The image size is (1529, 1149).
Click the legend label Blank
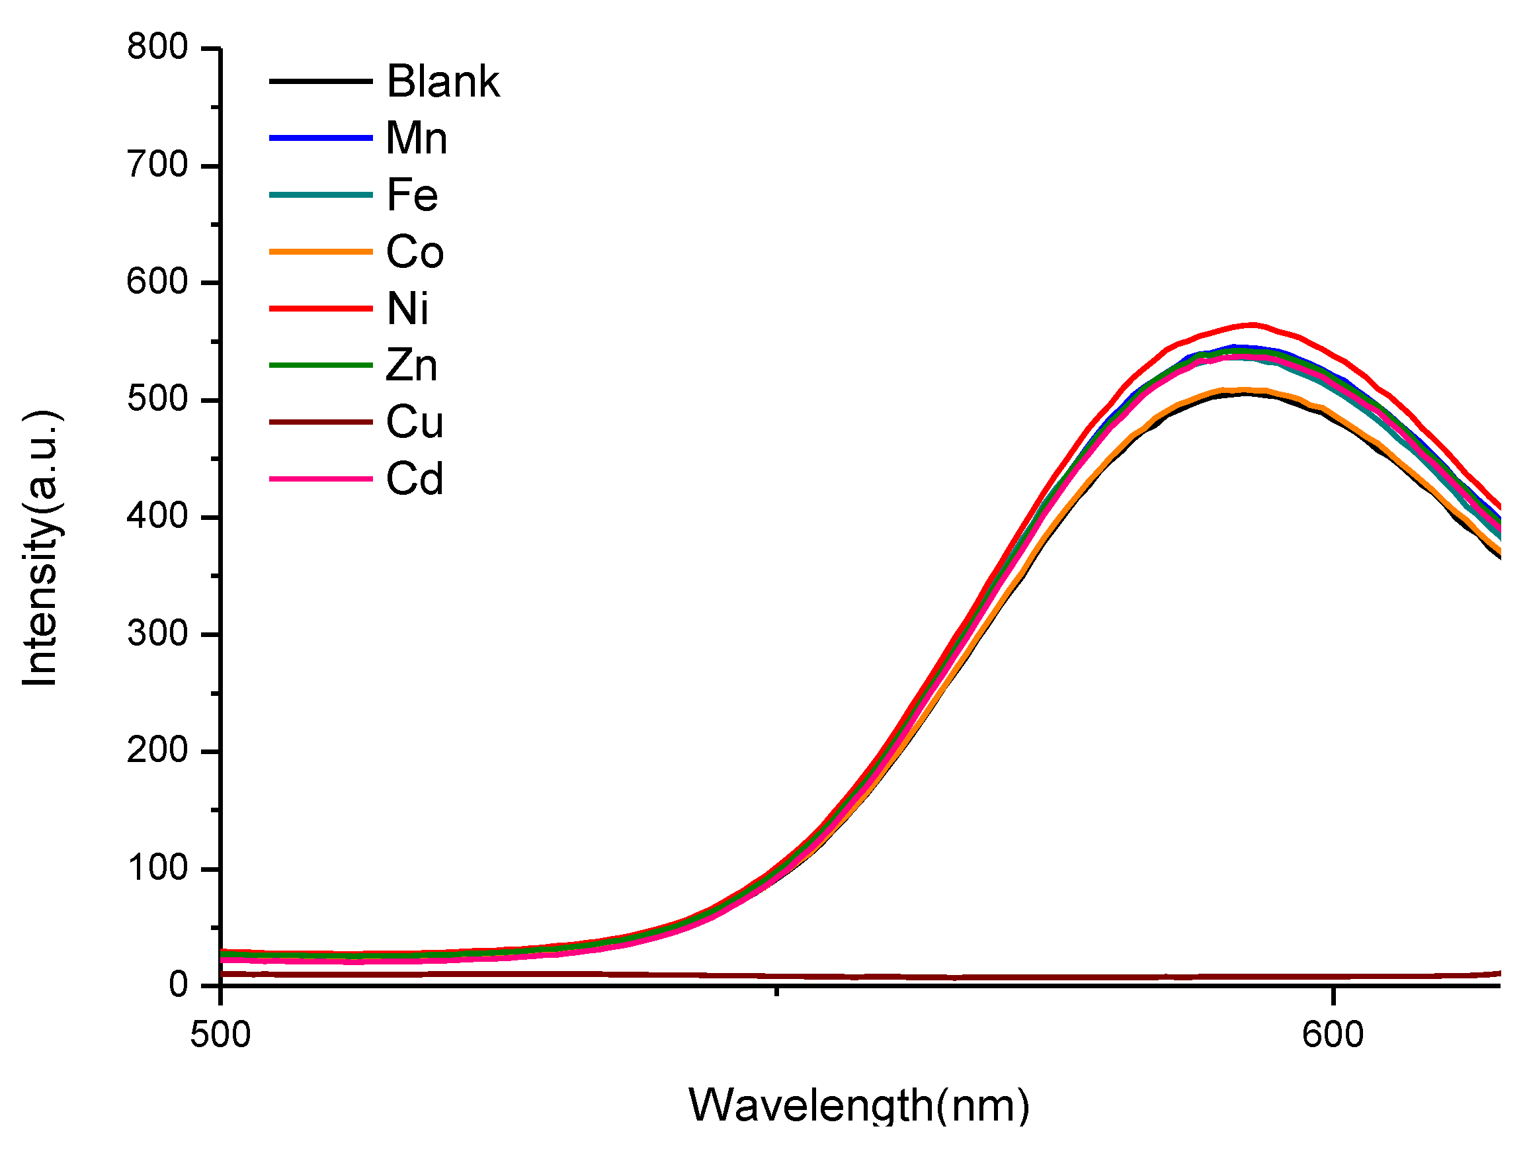[442, 81]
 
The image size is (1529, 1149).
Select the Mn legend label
[416, 138]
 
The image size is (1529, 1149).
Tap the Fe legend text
[412, 195]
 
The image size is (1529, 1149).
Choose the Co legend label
[415, 251]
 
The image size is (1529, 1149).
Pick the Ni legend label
[408, 308]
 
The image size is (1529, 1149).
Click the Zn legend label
[412, 365]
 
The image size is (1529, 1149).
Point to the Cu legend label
[415, 422]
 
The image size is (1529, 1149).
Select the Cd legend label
[415, 478]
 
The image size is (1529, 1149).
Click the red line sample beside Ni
[321, 308]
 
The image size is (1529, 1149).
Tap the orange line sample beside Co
[321, 251]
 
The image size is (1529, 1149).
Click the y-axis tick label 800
[157, 48]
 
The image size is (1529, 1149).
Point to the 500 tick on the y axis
[157, 400]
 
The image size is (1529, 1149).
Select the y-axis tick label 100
[157, 869]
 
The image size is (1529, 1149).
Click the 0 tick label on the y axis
[179, 984]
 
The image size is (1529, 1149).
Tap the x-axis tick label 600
[1333, 1036]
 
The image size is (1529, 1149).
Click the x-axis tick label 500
[220, 1036]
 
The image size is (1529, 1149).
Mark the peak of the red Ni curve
[1253, 324]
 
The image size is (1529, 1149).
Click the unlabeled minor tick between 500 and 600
[777, 992]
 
